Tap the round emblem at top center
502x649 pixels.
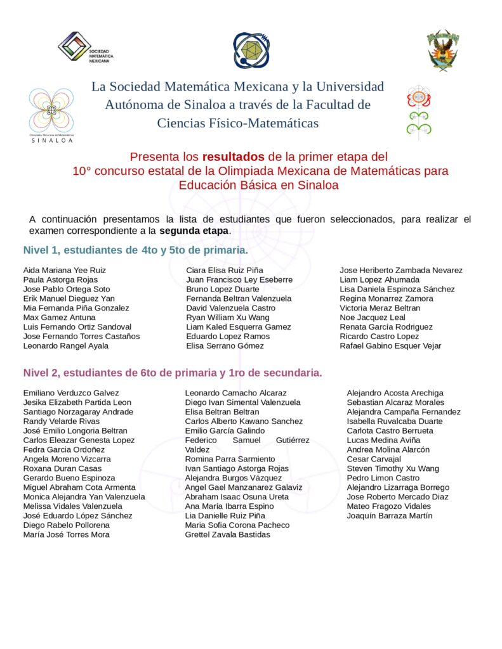click(251, 51)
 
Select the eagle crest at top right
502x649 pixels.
click(443, 49)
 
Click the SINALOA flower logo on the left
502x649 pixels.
click(51, 113)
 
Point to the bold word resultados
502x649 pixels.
click(234, 156)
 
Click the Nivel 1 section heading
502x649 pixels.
click(135, 250)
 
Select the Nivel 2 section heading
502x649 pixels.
click(173, 373)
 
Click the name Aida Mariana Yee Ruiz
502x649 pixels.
click(65, 270)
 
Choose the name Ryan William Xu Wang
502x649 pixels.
click(228, 318)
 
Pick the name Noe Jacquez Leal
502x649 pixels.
click(373, 318)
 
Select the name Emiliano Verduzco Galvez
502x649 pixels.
click(71, 393)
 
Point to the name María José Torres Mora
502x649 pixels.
click(66, 535)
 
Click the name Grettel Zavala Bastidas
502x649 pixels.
click(227, 535)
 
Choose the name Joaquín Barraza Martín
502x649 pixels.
click(390, 516)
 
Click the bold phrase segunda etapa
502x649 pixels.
click(194, 230)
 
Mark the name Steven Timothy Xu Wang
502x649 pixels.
click(392, 468)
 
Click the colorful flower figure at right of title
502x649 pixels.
click(419, 113)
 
